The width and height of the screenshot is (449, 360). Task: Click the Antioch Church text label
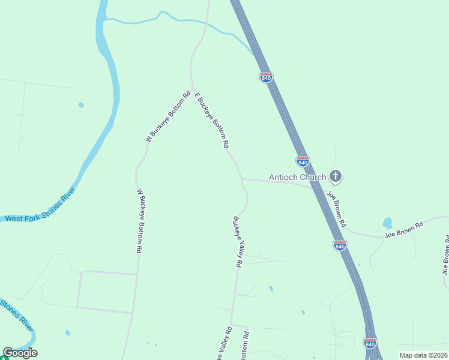[297, 177]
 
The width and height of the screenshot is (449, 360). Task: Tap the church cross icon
[336, 176]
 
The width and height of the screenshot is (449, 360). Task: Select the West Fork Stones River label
[40, 206]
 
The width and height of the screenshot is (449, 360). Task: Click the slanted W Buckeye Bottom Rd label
[168, 116]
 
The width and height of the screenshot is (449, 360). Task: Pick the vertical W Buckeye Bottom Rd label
[139, 221]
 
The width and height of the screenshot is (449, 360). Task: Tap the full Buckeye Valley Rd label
[238, 241]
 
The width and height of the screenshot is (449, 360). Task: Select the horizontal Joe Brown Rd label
[404, 229]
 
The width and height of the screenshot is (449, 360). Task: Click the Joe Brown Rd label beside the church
[336, 208]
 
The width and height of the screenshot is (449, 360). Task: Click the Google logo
[20, 353]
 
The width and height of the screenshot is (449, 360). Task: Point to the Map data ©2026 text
[424, 355]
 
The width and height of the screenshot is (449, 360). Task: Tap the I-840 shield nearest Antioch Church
[303, 161]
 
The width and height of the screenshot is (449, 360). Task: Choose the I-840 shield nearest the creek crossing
[266, 77]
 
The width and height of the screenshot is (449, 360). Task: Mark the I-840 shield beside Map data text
[370, 343]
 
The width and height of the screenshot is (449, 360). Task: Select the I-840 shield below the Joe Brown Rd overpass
[340, 245]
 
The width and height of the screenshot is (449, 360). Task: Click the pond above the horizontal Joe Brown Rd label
[387, 223]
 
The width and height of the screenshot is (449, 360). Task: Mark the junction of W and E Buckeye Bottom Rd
[193, 90]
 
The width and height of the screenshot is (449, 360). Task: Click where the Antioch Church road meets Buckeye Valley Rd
[241, 179]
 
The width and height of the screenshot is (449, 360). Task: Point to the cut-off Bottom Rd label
[244, 345]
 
